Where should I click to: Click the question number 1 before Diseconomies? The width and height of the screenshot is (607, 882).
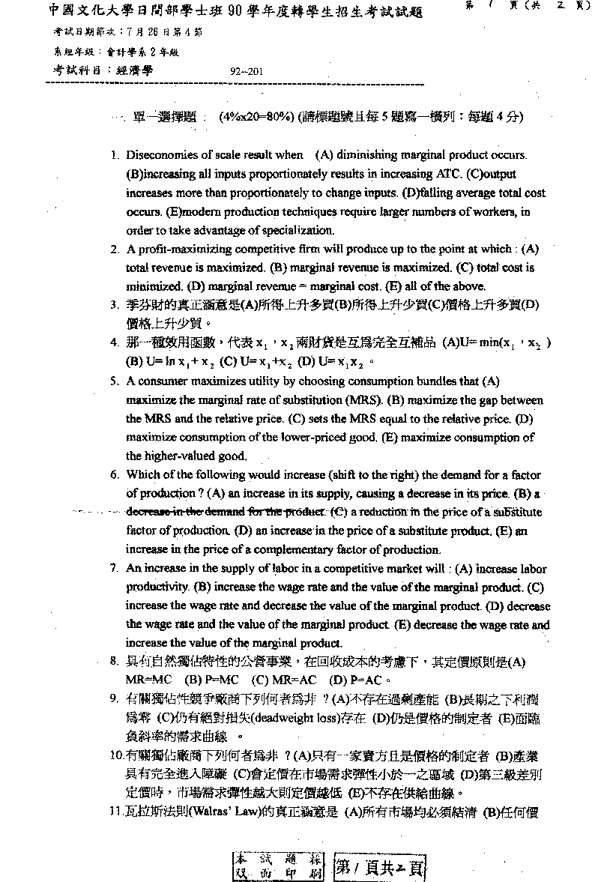click(115, 156)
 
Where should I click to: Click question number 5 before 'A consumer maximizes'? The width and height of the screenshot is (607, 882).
click(115, 381)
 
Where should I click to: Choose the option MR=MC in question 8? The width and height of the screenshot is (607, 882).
click(148, 680)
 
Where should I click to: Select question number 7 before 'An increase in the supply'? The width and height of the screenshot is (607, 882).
click(115, 569)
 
